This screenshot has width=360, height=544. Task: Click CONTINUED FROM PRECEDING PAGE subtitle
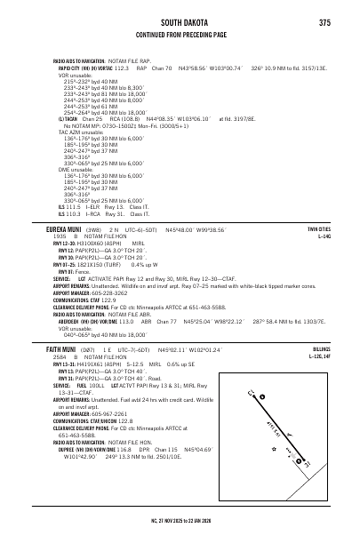[180, 36]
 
